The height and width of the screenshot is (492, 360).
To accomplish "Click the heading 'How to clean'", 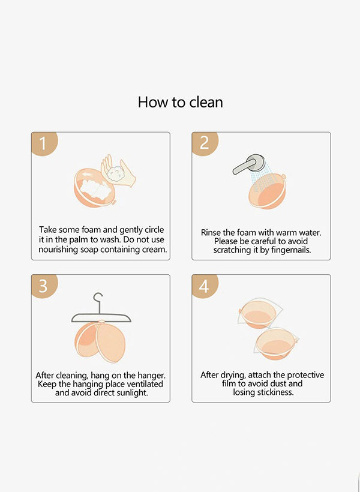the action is (180, 102).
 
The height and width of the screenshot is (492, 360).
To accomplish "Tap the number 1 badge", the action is (44, 143).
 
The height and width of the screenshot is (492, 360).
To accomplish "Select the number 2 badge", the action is (205, 143).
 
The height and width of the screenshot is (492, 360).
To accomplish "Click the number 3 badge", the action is (44, 286).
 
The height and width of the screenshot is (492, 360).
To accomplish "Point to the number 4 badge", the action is (205, 286).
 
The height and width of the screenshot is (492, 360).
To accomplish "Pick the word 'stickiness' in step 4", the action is (275, 392).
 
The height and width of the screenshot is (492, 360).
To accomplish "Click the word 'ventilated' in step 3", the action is (145, 384).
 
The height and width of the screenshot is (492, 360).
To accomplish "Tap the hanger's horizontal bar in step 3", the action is (101, 317).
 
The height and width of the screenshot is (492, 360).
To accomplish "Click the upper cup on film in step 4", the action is (259, 314).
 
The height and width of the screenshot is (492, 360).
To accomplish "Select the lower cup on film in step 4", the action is (276, 344).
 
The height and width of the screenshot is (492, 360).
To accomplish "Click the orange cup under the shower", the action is (268, 191).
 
